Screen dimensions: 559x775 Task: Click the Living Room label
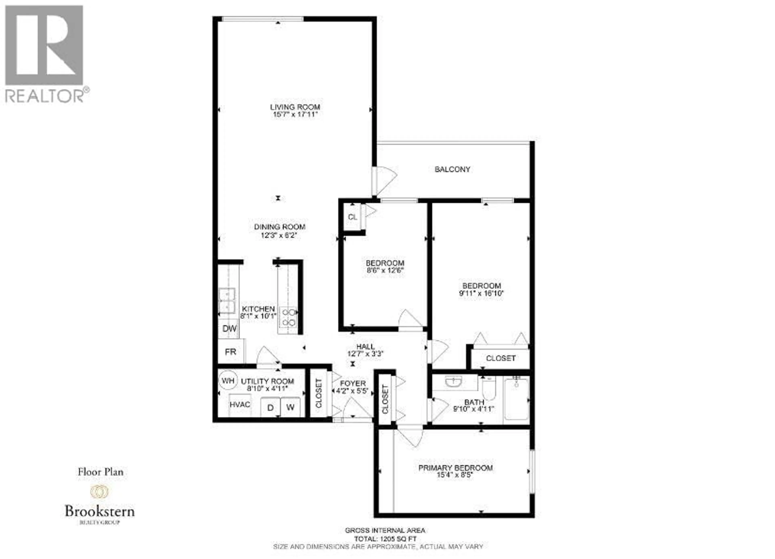click(x=295, y=107)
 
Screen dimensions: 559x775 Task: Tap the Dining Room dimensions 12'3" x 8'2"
click(x=280, y=236)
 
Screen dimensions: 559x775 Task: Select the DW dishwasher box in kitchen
click(x=229, y=329)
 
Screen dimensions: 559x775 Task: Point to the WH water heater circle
click(x=228, y=381)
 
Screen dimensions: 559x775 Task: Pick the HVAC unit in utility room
click(x=240, y=405)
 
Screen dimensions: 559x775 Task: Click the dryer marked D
click(x=270, y=408)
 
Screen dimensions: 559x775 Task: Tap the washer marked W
click(x=290, y=407)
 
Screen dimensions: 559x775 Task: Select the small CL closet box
click(x=352, y=217)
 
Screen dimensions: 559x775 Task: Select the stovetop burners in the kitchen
click(x=288, y=317)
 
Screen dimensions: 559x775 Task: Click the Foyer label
click(x=353, y=384)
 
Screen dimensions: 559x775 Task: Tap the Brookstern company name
click(x=99, y=512)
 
